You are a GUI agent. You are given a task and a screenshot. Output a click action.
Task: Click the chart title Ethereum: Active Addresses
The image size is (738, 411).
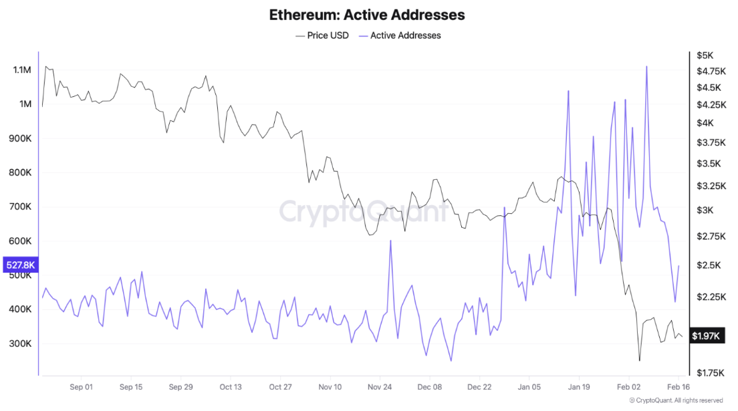(x=367, y=15)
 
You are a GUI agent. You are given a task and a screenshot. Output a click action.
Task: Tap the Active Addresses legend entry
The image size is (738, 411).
(x=400, y=35)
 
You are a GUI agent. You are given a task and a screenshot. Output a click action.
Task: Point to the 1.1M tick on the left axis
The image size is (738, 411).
(x=22, y=70)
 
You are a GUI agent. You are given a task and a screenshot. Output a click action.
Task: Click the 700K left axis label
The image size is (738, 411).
(x=21, y=207)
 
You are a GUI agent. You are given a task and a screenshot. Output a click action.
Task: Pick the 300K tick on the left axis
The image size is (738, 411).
(x=21, y=344)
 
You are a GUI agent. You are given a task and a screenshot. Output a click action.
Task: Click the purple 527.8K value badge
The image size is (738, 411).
(x=20, y=265)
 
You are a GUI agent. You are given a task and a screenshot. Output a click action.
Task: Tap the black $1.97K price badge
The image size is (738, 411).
(x=706, y=336)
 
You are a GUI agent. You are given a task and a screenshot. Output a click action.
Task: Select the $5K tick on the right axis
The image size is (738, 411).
(x=706, y=55)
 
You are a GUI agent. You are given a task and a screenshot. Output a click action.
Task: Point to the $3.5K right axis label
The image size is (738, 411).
(x=707, y=164)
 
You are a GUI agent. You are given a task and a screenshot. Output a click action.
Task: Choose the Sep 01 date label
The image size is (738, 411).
(x=81, y=387)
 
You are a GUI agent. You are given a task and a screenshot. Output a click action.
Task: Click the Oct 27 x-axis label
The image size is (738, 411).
(x=280, y=387)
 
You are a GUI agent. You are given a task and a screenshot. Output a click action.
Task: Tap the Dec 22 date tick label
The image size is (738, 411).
(x=479, y=387)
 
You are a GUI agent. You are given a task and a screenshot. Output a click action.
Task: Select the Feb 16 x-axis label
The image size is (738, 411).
(x=679, y=387)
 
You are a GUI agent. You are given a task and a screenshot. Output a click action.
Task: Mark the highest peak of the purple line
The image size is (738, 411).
(x=646, y=66)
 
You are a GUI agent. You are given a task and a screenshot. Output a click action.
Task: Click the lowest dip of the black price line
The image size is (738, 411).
(x=640, y=361)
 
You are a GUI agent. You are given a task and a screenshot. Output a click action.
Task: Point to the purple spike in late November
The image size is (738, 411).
(x=390, y=241)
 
